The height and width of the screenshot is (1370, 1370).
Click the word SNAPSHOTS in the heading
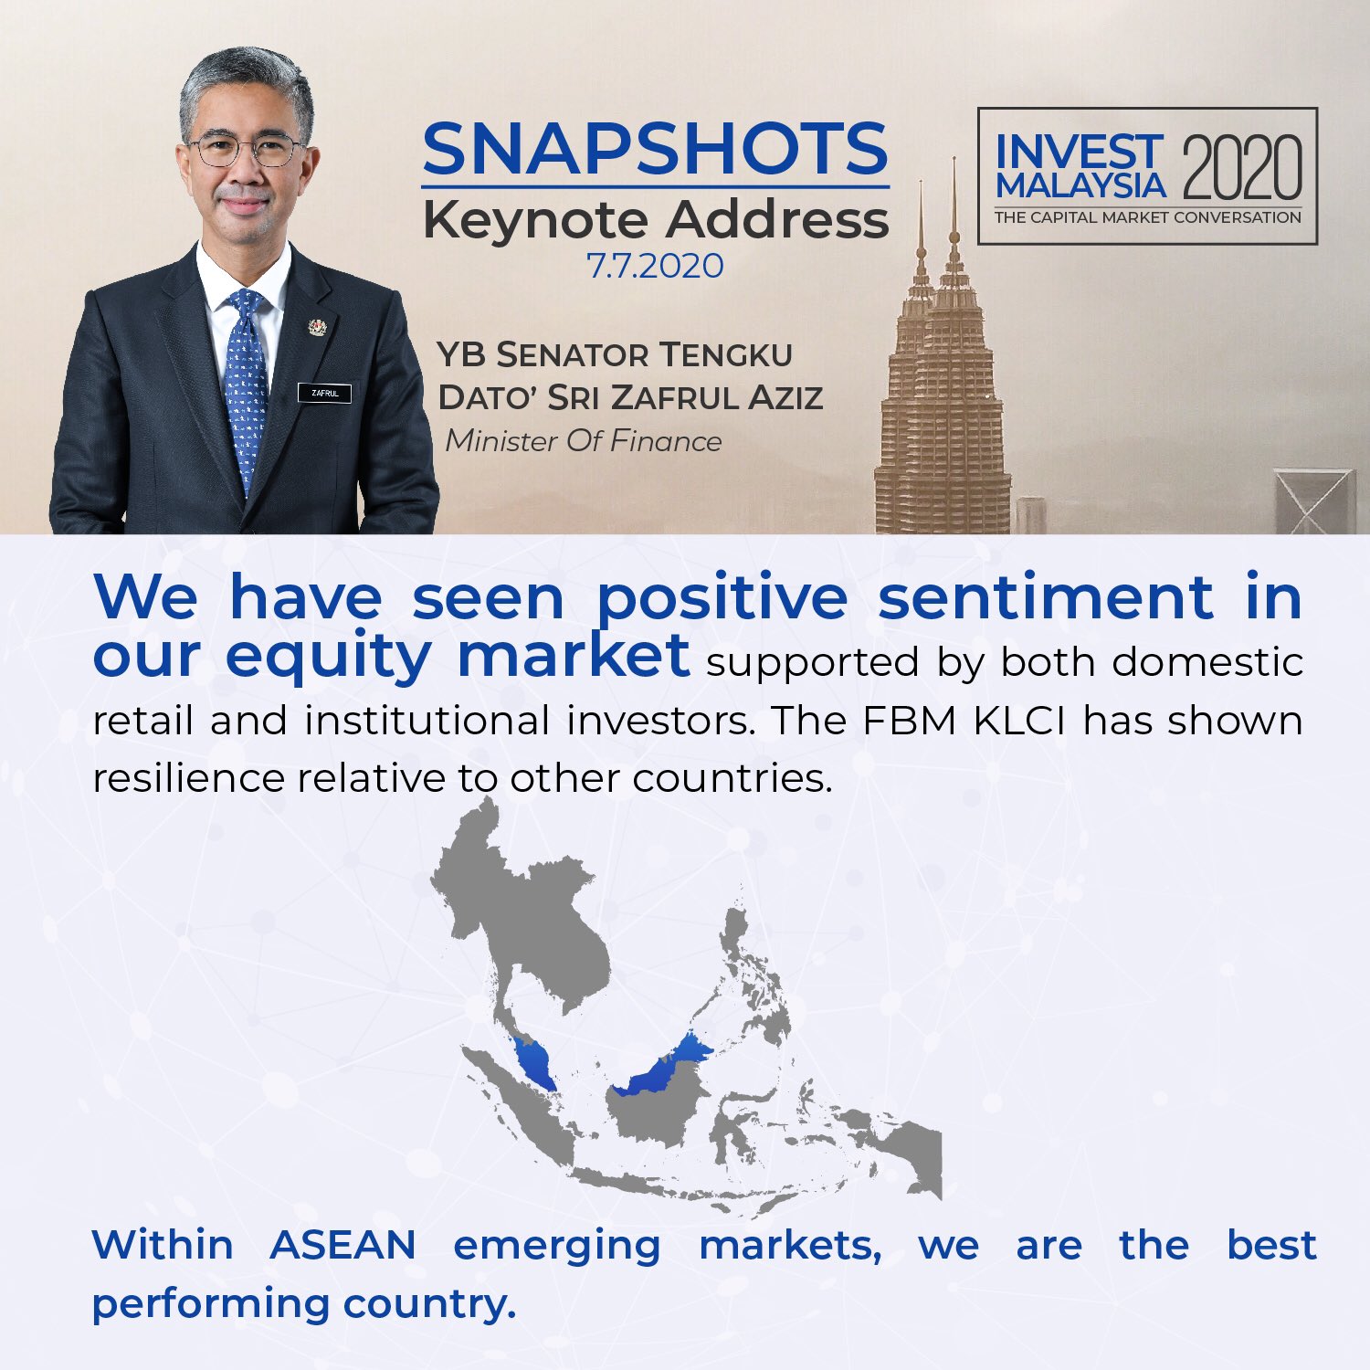pyautogui.click(x=655, y=149)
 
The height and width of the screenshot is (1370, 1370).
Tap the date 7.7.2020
pyautogui.click(x=655, y=266)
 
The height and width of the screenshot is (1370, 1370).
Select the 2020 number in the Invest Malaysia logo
pyautogui.click(x=1242, y=167)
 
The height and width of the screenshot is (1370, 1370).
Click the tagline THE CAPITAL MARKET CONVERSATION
pyautogui.click(x=1148, y=217)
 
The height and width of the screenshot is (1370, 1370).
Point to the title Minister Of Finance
pyautogui.click(x=584, y=441)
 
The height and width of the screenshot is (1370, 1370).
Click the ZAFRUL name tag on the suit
pyautogui.click(x=324, y=393)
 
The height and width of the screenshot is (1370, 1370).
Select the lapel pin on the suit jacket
pyautogui.click(x=317, y=328)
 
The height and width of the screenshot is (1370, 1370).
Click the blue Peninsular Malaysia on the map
pyautogui.click(x=533, y=1064)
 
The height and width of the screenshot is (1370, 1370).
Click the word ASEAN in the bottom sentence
pyautogui.click(x=343, y=1245)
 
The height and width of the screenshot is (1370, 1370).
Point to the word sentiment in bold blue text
pyautogui.click(x=1045, y=597)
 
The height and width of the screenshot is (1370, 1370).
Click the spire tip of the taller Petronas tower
pyautogui.click(x=954, y=158)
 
